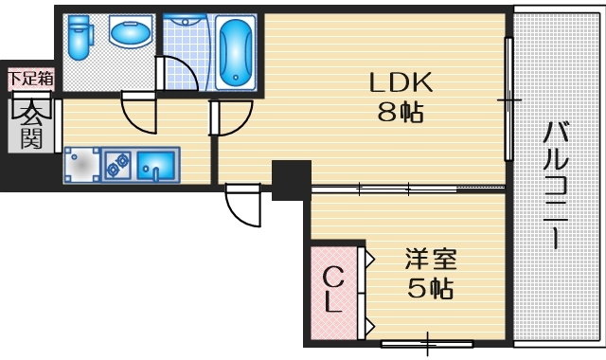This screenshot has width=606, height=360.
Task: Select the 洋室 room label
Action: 431,258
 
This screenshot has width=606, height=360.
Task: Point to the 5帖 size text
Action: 431,287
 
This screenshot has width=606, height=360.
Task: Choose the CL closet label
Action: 333,290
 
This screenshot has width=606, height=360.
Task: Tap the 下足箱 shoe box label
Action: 30,77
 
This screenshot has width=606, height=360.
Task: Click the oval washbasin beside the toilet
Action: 129,34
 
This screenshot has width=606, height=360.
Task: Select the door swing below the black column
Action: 241,207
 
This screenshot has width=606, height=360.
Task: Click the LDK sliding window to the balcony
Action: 509,99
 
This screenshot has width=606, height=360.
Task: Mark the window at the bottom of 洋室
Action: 426,342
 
